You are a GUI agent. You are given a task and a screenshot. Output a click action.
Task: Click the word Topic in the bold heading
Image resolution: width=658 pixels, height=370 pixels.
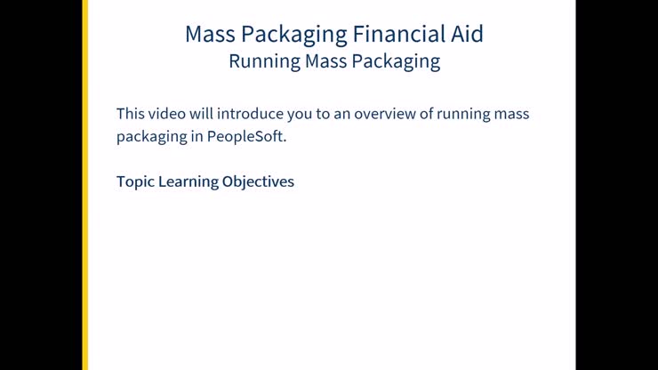point(135,181)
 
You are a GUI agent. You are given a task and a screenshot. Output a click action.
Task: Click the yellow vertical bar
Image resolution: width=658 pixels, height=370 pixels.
point(85,185)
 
